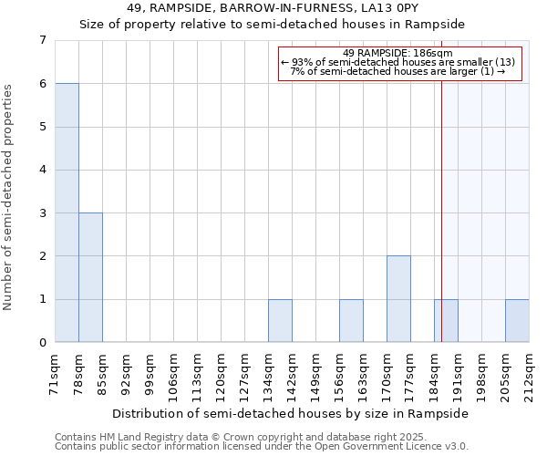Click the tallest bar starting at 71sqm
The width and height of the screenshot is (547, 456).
(67, 212)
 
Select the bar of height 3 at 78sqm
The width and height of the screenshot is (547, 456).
(90, 277)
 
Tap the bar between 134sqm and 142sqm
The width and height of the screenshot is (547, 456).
(280, 321)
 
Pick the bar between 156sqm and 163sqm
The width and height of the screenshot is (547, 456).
(351, 321)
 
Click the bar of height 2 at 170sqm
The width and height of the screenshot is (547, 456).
(398, 299)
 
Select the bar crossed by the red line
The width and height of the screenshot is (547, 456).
(446, 321)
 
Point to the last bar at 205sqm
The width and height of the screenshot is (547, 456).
(517, 321)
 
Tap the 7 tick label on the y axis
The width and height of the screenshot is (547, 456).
(42, 40)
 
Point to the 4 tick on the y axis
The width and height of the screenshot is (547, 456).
(42, 170)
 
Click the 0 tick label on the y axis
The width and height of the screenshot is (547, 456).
(42, 343)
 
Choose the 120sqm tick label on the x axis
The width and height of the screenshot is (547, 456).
(222, 374)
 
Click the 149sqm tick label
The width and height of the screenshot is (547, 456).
(316, 374)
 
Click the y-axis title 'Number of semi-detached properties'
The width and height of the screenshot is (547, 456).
(9, 197)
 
